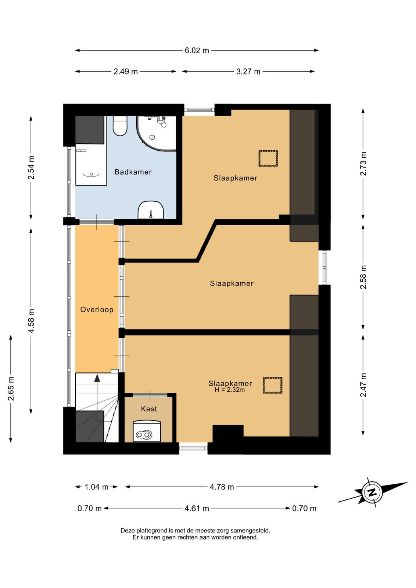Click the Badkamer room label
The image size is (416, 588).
point(133,172)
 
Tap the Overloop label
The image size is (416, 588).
point(97,309)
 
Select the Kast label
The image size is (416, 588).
point(149,409)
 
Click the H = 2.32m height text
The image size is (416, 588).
point(230,390)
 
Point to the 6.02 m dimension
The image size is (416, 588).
point(197,50)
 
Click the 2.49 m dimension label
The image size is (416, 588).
point(125,71)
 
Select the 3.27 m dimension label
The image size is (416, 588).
point(248,71)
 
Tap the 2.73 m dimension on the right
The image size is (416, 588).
point(363,164)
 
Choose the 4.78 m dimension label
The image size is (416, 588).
point(222,487)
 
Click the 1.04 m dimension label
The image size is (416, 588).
point(96,487)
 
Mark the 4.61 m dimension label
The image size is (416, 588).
point(197,509)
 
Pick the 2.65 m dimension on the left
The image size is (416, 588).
point(11,388)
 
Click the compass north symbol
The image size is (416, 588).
point(372,492)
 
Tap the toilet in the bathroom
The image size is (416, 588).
point(120,126)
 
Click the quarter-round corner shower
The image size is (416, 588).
point(157,133)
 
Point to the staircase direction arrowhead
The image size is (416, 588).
point(97,378)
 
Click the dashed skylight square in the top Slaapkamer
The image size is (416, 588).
point(268,158)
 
